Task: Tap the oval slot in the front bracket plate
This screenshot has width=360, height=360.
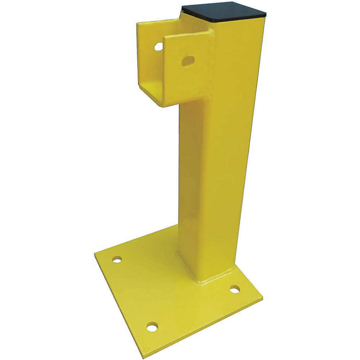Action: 188,61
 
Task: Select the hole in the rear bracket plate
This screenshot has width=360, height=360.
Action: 158,46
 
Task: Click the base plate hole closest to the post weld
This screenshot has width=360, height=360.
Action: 235,289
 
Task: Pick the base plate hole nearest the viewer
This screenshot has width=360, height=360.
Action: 152,327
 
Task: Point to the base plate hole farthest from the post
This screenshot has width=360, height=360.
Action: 117,259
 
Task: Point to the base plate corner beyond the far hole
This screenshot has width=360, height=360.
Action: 95,254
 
